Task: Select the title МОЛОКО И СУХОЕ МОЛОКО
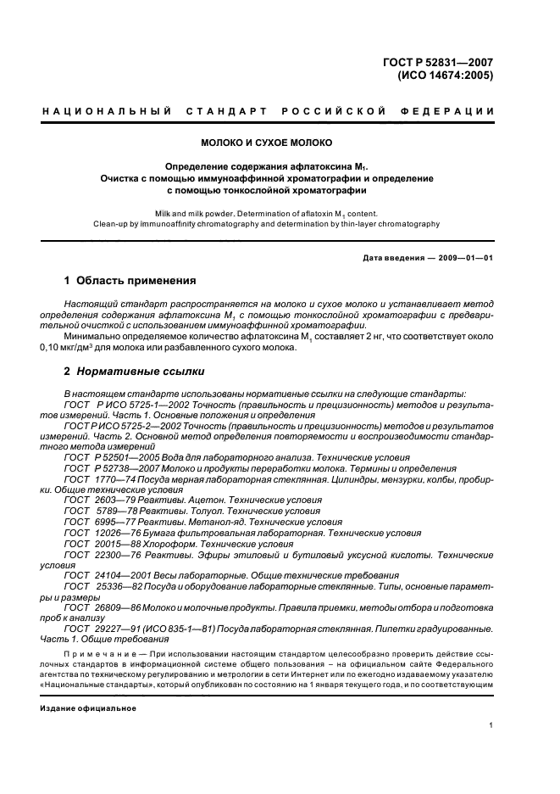click(266, 143)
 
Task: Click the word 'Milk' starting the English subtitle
click(164, 213)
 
